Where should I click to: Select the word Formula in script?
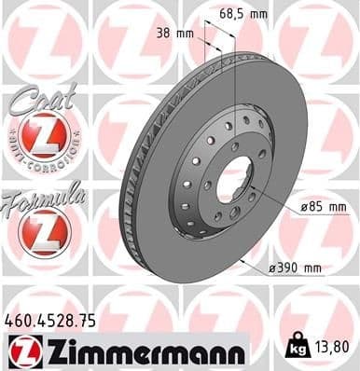coord(42,196)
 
